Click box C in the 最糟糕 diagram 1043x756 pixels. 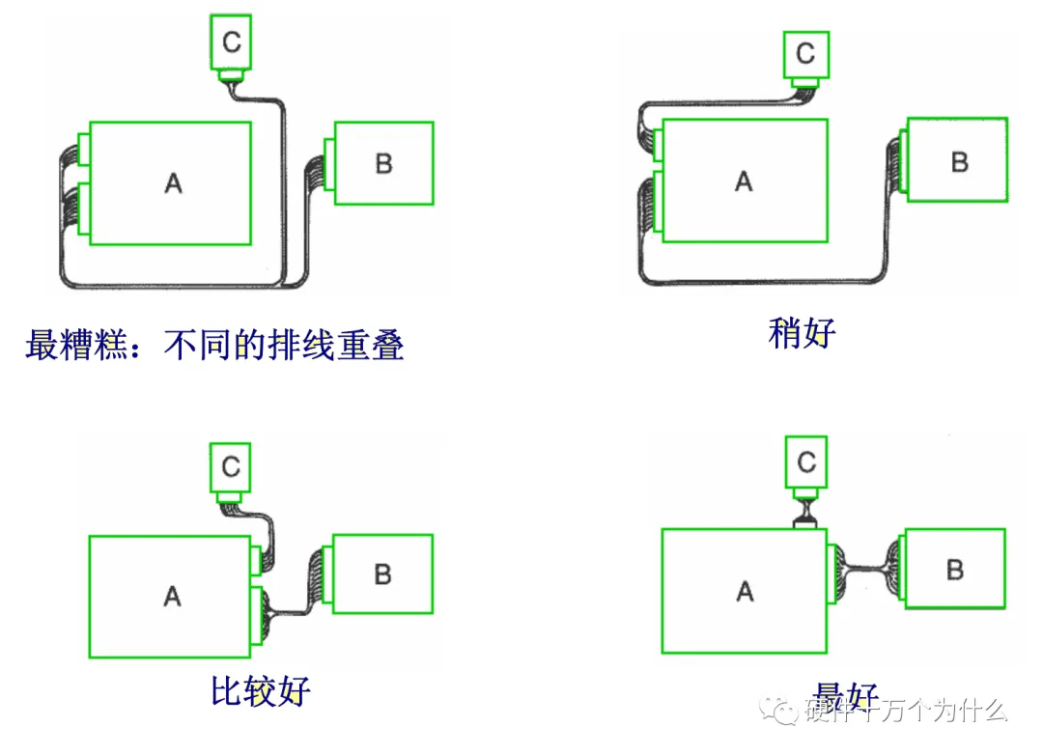pos(231,41)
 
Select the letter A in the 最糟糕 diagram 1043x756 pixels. pos(173,182)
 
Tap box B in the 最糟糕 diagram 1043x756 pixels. pos(383,163)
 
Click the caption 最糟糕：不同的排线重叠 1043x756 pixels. pos(214,345)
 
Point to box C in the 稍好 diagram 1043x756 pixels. pos(805,52)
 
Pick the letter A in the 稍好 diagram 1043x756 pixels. pos(743,181)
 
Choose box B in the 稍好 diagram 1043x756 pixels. pos(958,161)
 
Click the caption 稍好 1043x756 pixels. pos(802,333)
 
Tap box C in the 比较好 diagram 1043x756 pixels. pos(231,467)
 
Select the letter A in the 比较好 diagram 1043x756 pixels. pos(172,596)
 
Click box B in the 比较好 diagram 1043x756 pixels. pos(382,574)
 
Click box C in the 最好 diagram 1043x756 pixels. pos(806,462)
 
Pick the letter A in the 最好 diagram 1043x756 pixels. pos(744,591)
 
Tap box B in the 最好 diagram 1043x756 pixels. pos(954,570)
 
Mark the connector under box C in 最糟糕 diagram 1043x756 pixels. pos(231,75)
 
